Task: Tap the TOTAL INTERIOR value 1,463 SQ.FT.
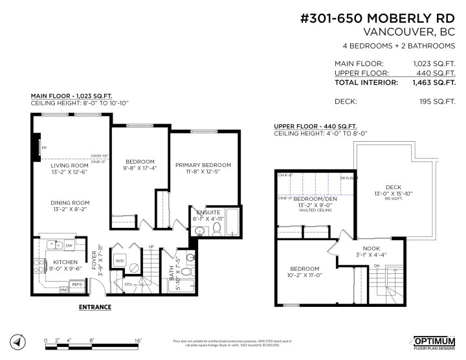click(x=434, y=83)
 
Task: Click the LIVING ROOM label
click(x=70, y=166)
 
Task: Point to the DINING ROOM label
click(x=70, y=203)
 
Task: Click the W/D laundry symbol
click(x=119, y=260)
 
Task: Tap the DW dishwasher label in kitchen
click(x=68, y=245)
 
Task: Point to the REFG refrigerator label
click(x=76, y=284)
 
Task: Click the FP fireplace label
click(x=45, y=147)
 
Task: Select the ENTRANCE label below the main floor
click(x=94, y=307)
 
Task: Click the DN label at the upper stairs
click(x=375, y=265)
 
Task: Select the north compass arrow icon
click(x=17, y=341)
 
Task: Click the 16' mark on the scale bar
click(x=138, y=340)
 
